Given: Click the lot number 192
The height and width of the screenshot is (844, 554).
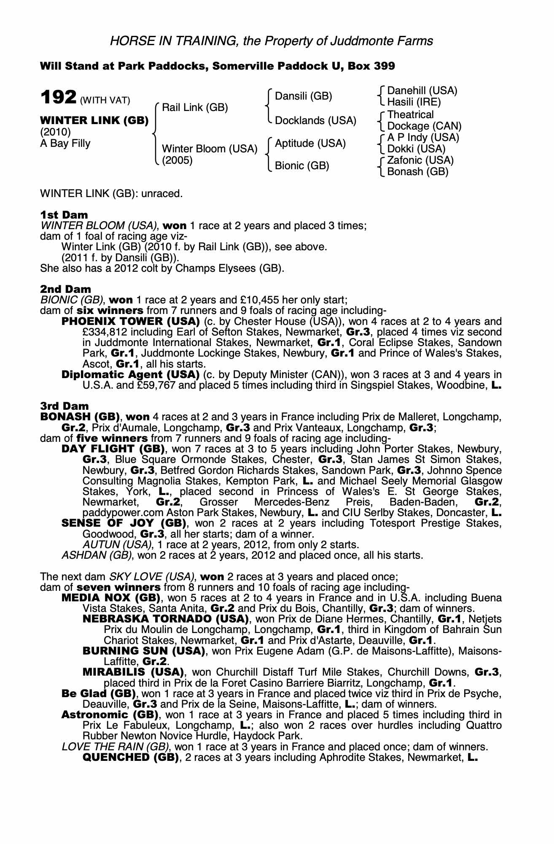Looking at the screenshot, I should point(58,97).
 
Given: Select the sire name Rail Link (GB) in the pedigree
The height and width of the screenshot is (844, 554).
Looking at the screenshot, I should point(195,107).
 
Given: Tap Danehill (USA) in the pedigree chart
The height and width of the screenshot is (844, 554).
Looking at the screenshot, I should point(422,91).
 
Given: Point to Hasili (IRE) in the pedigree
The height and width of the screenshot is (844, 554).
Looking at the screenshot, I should point(414,102).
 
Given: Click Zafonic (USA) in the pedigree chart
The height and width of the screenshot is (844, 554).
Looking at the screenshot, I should point(420,160).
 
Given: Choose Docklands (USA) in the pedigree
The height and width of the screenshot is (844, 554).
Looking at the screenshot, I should point(315,121).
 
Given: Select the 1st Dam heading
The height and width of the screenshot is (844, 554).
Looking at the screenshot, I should point(64,215).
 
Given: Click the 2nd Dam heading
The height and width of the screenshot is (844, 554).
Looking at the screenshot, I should point(65,289).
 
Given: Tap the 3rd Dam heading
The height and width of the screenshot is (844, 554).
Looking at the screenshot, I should point(65,406).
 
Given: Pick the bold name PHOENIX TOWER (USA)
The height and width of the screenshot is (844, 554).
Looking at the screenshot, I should point(130,321).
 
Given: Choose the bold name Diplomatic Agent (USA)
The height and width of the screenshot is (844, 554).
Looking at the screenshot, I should point(130,374).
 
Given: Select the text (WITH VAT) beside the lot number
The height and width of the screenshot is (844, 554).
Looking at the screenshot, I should point(105,100).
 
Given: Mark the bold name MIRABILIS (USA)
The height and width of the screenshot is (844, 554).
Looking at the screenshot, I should point(133,672).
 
